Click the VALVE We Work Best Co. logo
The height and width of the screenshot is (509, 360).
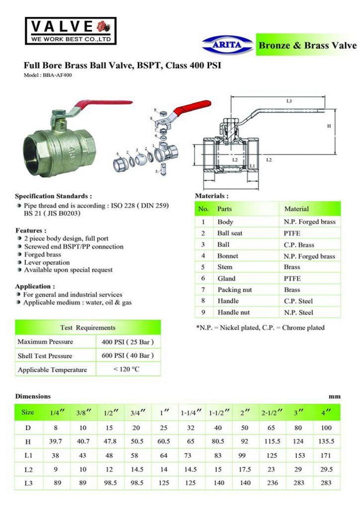click(x=71, y=31)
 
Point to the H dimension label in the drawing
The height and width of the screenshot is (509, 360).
click(x=329, y=126)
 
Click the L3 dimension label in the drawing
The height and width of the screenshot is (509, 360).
click(x=289, y=101)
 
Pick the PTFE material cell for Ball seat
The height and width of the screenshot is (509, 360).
click(x=292, y=233)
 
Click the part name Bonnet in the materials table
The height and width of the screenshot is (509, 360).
click(x=228, y=256)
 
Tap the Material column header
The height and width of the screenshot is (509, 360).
click(x=296, y=209)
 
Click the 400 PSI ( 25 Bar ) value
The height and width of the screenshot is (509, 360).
click(x=127, y=342)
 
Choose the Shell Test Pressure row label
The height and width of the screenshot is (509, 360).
click(x=45, y=356)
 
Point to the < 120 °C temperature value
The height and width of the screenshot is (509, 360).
click(x=127, y=369)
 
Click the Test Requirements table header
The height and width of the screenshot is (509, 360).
click(x=88, y=328)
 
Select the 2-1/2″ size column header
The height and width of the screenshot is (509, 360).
click(x=272, y=413)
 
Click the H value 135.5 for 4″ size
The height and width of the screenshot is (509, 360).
click(x=326, y=441)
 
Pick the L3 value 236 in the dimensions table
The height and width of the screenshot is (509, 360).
click(x=271, y=483)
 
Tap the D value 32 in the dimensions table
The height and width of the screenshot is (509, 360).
click(x=190, y=427)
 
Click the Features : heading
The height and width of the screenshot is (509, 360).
click(x=31, y=231)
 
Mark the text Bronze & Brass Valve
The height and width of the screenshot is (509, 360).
click(x=307, y=45)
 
